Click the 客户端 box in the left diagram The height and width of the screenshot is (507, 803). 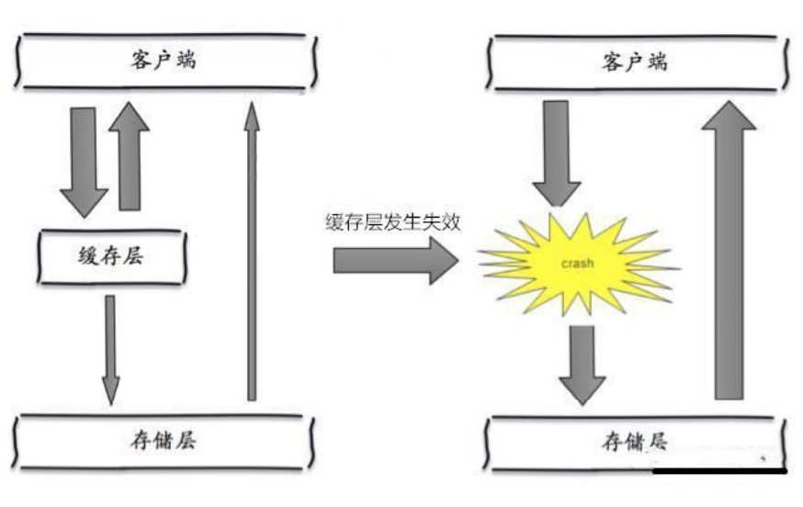(x=165, y=62)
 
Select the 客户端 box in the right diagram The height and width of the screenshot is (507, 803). (x=635, y=62)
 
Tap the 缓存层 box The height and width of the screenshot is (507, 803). (x=112, y=256)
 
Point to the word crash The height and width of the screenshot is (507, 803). (x=578, y=264)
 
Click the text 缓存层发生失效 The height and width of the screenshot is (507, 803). (x=392, y=222)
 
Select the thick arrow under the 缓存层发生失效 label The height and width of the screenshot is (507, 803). (x=394, y=262)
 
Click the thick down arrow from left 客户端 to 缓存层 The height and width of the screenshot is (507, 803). (x=83, y=161)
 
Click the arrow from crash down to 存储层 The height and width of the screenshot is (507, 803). (x=582, y=363)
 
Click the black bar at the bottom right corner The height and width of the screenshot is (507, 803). (x=720, y=471)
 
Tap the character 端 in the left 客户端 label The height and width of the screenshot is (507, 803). (x=187, y=62)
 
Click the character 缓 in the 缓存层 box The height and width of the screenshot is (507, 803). (x=90, y=256)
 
